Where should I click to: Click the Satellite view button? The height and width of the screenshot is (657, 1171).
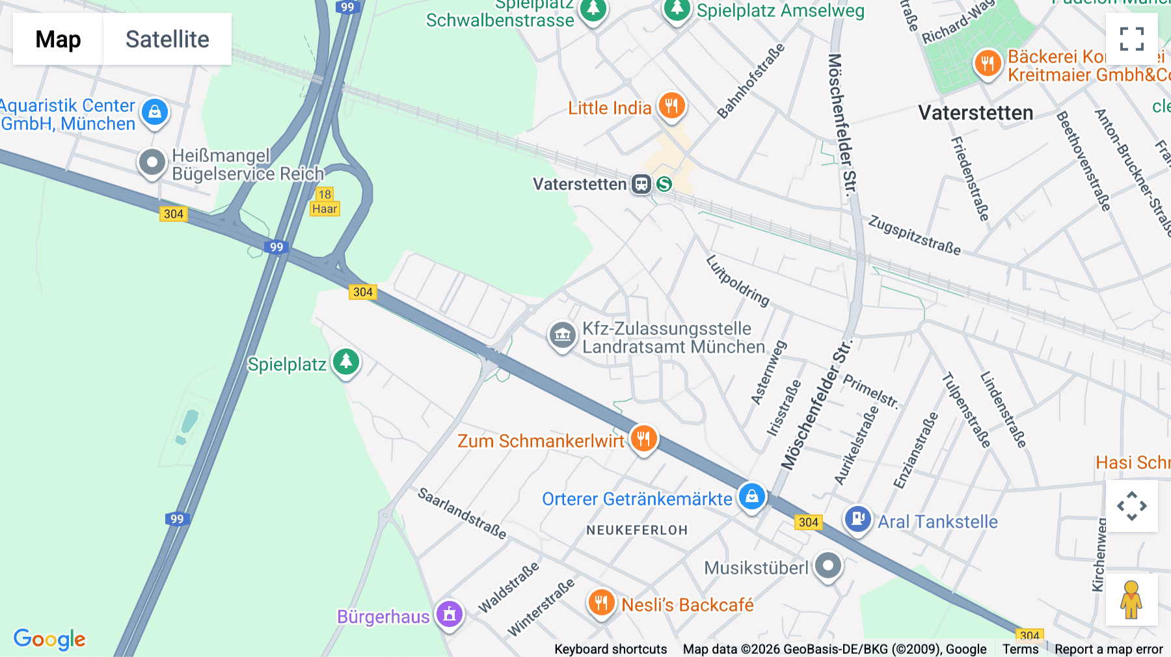click(167, 39)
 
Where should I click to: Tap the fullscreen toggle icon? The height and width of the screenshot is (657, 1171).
click(1131, 39)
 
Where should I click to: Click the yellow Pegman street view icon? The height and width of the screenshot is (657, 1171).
click(1131, 599)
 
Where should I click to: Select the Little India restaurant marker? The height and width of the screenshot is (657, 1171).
click(671, 105)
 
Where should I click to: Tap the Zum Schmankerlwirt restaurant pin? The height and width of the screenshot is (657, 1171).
click(643, 438)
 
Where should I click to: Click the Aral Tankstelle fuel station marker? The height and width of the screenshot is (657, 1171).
click(858, 519)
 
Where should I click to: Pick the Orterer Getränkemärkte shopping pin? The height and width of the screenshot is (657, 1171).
click(751, 496)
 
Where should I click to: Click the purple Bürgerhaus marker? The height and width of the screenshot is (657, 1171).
click(449, 613)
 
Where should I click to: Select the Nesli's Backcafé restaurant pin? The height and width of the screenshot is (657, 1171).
click(601, 602)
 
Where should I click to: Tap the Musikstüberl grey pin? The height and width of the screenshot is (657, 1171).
click(828, 565)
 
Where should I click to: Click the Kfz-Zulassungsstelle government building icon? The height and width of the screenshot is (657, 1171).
click(563, 335)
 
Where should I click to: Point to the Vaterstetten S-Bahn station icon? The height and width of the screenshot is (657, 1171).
click(664, 184)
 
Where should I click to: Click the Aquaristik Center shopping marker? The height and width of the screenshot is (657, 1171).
click(155, 112)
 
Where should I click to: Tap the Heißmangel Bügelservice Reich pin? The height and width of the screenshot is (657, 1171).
click(152, 162)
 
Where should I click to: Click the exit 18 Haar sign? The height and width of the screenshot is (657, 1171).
click(325, 202)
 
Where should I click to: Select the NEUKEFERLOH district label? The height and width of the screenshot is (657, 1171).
click(637, 530)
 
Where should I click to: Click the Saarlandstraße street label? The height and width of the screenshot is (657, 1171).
click(462, 513)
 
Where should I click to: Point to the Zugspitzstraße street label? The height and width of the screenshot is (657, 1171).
click(914, 235)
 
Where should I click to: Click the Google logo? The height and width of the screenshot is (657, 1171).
click(49, 639)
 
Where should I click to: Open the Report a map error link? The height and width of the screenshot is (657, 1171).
click(1109, 649)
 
